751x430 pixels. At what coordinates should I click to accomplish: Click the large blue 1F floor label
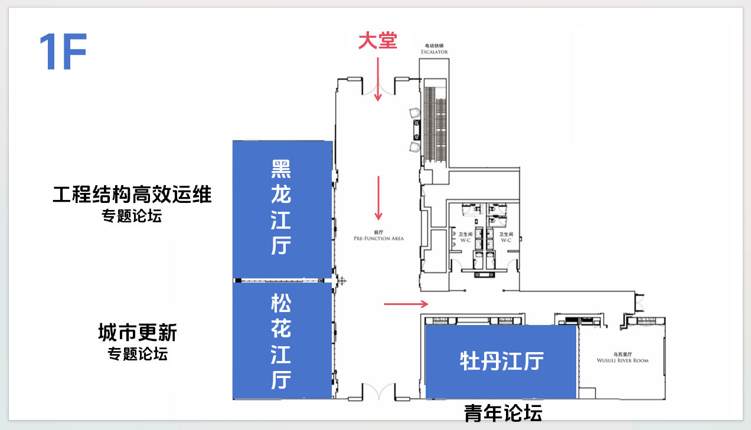tap(63, 52)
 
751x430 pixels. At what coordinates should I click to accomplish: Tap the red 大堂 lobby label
tap(378, 41)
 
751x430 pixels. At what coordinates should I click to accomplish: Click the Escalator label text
tap(434, 49)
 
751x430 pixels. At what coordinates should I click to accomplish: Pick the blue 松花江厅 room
tap(282, 341)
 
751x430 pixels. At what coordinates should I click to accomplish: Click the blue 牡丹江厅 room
tap(501, 361)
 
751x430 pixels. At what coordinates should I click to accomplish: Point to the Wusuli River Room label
tap(622, 358)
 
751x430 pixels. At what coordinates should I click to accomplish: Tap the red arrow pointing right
tap(406, 304)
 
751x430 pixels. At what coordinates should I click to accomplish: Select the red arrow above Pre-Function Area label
tap(378, 198)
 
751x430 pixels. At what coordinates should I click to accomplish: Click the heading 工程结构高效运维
tap(132, 194)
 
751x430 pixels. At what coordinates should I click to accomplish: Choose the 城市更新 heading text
tap(138, 333)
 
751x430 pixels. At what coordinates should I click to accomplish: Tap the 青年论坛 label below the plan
tap(503, 413)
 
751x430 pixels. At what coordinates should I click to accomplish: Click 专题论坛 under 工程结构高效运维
tap(132, 216)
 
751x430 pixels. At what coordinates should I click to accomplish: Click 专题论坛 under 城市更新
tap(138, 354)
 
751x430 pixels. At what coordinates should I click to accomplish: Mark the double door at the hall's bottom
tap(378, 392)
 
